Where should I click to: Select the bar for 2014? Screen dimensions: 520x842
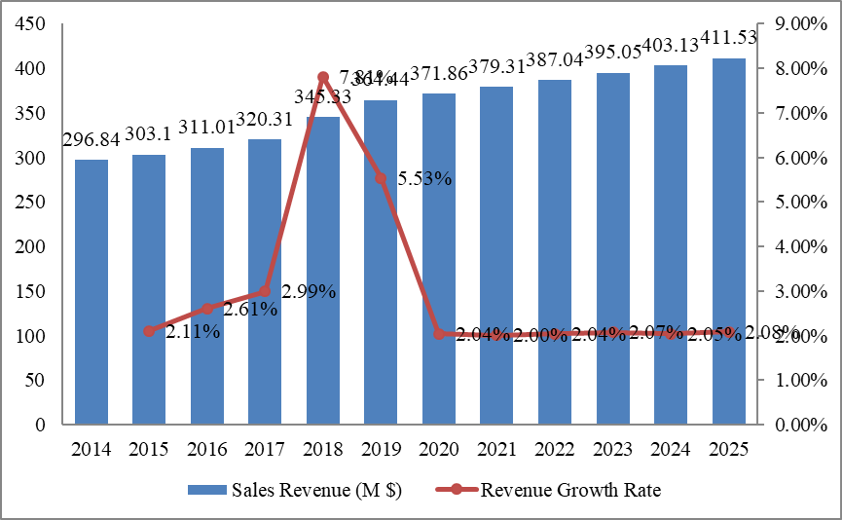pyautogui.click(x=92, y=292)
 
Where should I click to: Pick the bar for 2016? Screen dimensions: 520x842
pyautogui.click(x=207, y=286)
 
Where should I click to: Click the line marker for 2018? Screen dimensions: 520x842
pyautogui.click(x=322, y=77)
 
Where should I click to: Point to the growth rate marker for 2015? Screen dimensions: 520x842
pyautogui.click(x=149, y=331)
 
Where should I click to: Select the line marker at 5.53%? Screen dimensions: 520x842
pyautogui.click(x=381, y=178)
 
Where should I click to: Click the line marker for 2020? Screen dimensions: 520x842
pyautogui.click(x=439, y=334)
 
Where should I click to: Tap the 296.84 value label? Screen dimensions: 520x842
pyautogui.click(x=92, y=140)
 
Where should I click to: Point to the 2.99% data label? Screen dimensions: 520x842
pyautogui.click(x=309, y=291)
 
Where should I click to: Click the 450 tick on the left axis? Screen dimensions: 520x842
pyautogui.click(x=32, y=24)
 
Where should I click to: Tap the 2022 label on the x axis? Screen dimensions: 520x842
pyautogui.click(x=556, y=450)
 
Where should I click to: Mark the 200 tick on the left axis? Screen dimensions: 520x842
pyautogui.click(x=32, y=247)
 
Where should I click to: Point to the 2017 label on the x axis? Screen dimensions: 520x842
pyautogui.click(x=266, y=450)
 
